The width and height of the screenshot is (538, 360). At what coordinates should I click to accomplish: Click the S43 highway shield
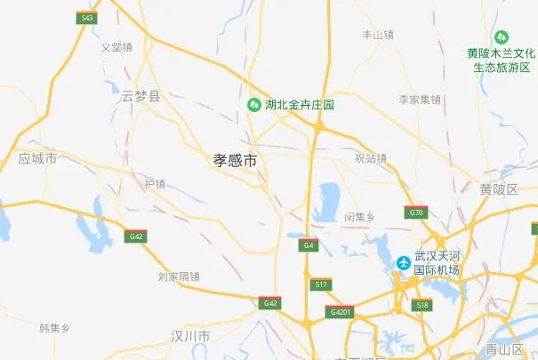pyautogui.click(x=86, y=18)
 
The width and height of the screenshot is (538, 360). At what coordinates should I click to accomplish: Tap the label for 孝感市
pyautogui.click(x=235, y=160)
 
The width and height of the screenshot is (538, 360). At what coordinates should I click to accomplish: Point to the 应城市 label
pyautogui.click(x=37, y=158)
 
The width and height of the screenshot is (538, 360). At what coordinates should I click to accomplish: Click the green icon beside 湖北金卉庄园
pyautogui.click(x=254, y=104)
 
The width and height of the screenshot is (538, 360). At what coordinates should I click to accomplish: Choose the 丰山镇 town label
pyautogui.click(x=377, y=35)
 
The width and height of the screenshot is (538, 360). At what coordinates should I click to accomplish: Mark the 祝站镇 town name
pyautogui.click(x=371, y=158)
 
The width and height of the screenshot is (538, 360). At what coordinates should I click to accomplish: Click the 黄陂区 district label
pyautogui.click(x=498, y=188)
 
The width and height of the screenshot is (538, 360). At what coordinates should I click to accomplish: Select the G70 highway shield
pyautogui.click(x=416, y=212)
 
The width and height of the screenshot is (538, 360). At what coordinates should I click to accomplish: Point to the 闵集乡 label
pyautogui.click(x=360, y=217)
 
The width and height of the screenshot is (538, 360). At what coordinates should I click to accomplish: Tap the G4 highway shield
pyautogui.click(x=309, y=244)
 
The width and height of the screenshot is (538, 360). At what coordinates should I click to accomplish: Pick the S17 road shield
pyautogui.click(x=321, y=284)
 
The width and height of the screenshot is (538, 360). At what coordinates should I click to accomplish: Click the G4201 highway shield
pyautogui.click(x=341, y=312)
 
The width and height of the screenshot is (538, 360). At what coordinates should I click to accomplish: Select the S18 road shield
pyautogui.click(x=422, y=305)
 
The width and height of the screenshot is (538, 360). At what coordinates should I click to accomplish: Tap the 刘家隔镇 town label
pyautogui.click(x=179, y=276)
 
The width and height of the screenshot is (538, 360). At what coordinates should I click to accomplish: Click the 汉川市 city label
pyautogui.click(x=190, y=336)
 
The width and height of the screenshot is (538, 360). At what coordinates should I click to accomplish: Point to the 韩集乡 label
pyautogui.click(x=54, y=328)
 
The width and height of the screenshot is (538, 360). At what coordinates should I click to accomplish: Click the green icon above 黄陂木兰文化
pyautogui.click(x=502, y=37)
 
